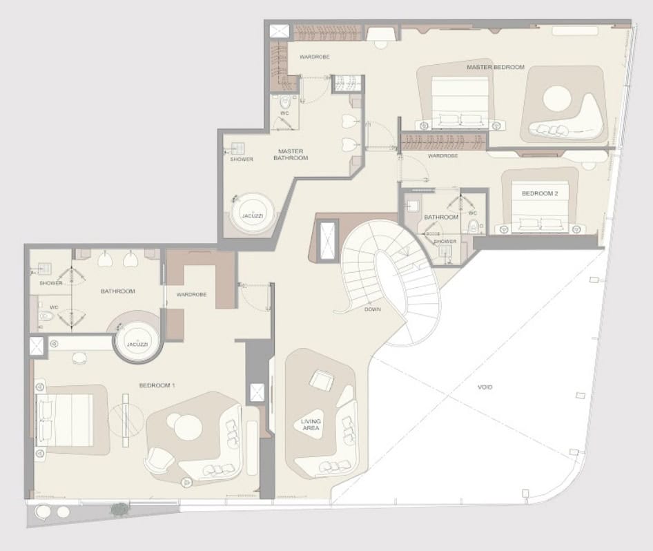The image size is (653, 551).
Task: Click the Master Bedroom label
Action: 496,67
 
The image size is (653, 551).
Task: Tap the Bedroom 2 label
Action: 540,193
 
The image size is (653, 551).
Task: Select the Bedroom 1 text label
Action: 157,386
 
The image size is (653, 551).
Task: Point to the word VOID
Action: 485,387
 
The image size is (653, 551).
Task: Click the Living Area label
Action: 311,425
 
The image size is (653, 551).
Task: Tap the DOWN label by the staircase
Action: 372,309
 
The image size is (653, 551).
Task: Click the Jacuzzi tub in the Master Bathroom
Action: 253,214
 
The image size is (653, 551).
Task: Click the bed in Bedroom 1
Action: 65,420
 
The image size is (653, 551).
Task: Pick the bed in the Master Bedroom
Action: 460,103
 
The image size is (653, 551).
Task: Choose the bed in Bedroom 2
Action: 540,206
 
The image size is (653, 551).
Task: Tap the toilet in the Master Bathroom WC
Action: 285,101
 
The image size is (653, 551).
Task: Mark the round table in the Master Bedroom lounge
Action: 557,99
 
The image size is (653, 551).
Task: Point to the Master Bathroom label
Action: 291,155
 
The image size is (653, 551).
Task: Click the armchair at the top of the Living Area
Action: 322,380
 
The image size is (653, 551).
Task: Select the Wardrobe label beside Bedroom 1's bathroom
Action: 192,294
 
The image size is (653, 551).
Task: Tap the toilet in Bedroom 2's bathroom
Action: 474,227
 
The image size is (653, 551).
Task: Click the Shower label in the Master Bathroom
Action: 242,159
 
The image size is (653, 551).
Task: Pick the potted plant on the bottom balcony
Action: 120,509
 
